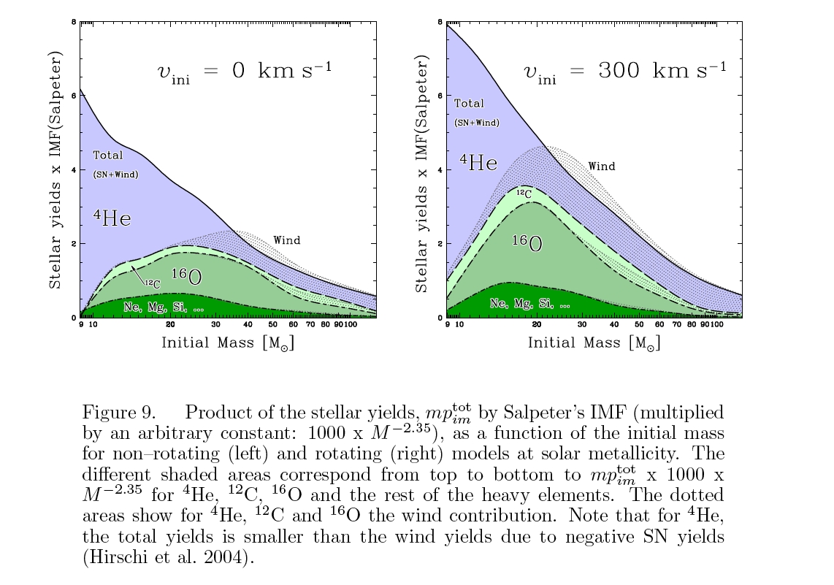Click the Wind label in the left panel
point(286,240)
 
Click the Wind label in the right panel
point(602,167)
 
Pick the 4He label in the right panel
point(478,162)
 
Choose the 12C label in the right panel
point(523,194)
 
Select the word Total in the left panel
point(108,156)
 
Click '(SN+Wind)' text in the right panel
point(477,123)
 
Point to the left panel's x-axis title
point(228,343)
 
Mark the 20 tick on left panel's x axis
point(170,324)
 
